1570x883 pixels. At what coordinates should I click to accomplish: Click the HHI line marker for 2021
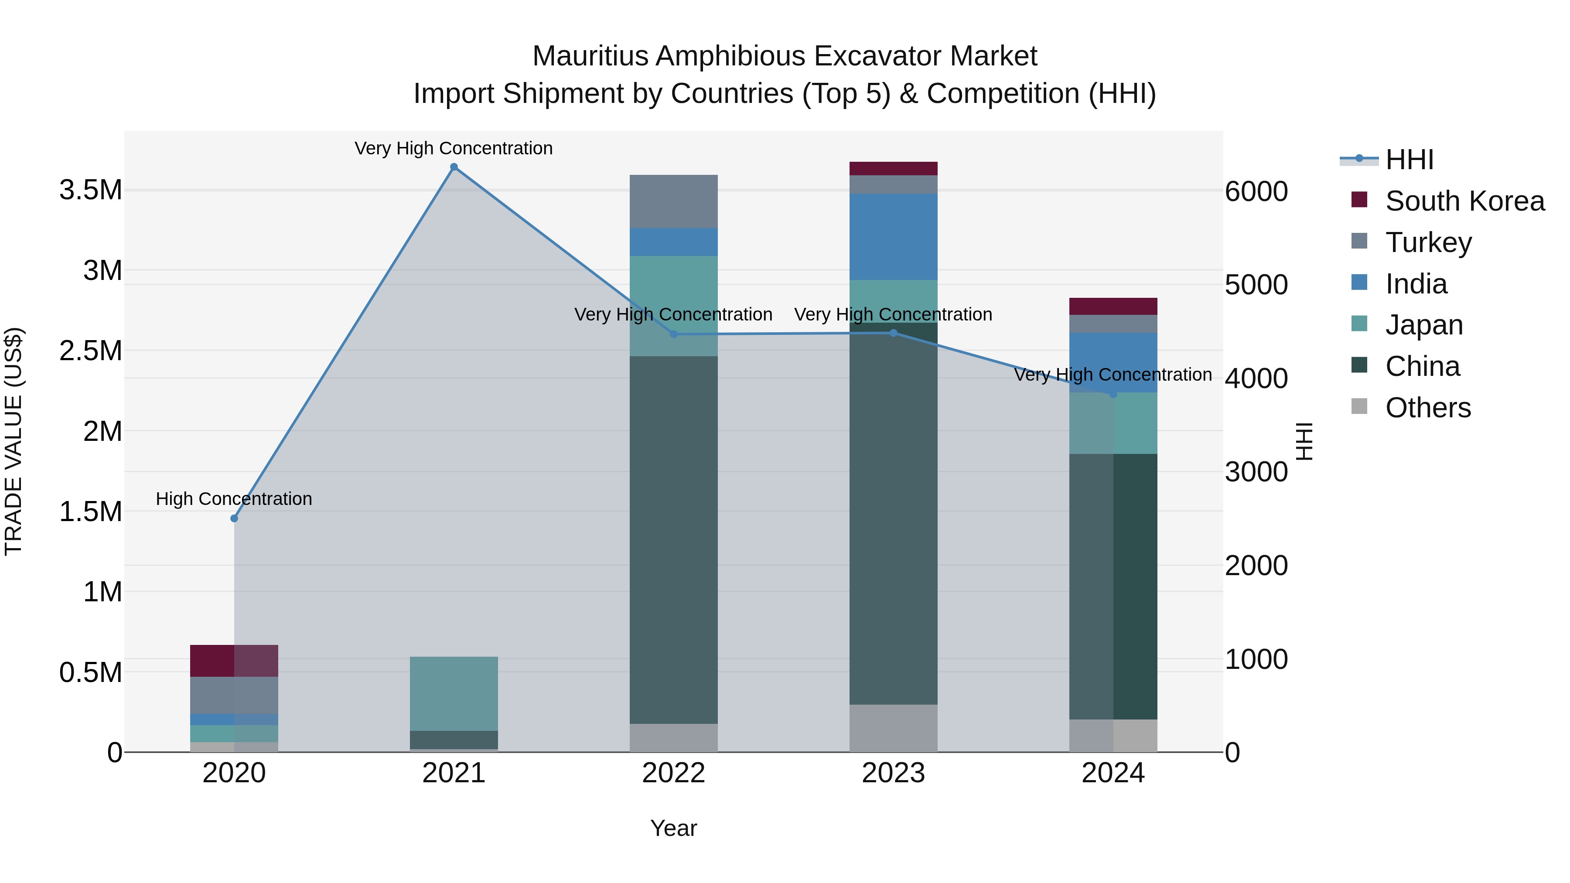point(454,167)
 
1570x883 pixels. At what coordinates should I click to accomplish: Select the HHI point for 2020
point(234,518)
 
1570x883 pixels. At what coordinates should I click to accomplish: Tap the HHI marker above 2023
point(894,333)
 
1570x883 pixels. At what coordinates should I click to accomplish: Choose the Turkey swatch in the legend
point(1359,241)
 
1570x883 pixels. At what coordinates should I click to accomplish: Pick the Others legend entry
point(1427,408)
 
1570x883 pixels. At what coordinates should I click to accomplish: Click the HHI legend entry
point(1409,160)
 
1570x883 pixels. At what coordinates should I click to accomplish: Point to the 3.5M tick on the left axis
point(90,190)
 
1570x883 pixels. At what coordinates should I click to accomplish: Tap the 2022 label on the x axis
point(673,773)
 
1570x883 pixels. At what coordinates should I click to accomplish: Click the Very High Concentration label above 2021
point(454,148)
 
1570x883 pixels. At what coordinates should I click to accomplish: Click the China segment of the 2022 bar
point(673,539)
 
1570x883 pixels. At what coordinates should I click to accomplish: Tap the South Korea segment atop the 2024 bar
point(1113,306)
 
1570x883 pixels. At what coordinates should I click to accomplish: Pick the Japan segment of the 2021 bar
point(454,693)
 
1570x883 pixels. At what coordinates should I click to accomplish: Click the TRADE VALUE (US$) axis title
point(14,441)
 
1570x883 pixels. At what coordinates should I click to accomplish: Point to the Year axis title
point(673,828)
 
